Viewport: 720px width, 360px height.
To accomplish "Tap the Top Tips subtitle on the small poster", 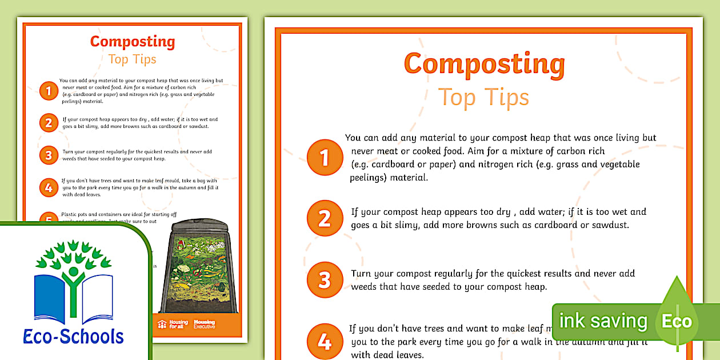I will pyautogui.click(x=132, y=59).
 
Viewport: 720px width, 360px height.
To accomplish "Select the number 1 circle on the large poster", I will pyautogui.click(x=325, y=157).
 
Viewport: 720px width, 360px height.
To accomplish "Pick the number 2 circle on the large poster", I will pyautogui.click(x=325, y=218).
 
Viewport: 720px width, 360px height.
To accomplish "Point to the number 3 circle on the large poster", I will pyautogui.click(x=325, y=280).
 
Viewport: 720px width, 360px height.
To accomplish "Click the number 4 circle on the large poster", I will pyautogui.click(x=325, y=342).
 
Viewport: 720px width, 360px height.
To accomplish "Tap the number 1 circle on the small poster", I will pyautogui.click(x=49, y=91).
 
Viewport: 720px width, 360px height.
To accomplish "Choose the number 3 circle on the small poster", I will pyautogui.click(x=49, y=155).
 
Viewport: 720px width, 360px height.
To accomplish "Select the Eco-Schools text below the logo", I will pyautogui.click(x=74, y=336).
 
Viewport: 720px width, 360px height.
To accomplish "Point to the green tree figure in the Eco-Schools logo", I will pyautogui.click(x=72, y=269).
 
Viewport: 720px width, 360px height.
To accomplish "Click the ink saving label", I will pyautogui.click(x=603, y=321).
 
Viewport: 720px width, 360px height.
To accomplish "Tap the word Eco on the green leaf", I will pyautogui.click(x=677, y=322).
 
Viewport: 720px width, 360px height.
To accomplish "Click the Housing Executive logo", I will pyautogui.click(x=205, y=324).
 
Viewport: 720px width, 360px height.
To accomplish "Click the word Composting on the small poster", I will pyautogui.click(x=132, y=42).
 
